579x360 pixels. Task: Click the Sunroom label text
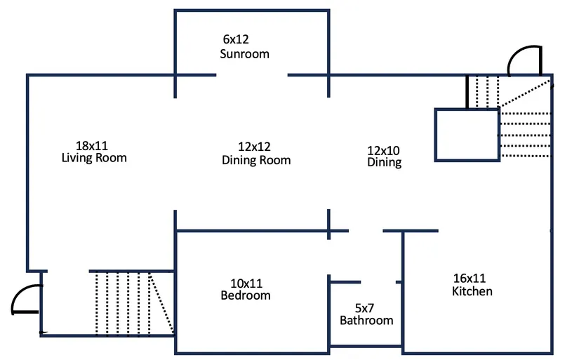coord(244,54)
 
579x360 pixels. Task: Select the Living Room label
coord(95,158)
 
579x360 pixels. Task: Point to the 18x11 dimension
coord(92,146)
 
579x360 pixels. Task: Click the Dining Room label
coord(256,160)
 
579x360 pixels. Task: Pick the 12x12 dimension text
coord(254,147)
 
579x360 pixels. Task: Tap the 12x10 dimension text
coord(383,150)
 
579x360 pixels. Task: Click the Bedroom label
coord(246,295)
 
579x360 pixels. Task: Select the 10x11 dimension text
coord(246,284)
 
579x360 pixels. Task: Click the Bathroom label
coord(366,321)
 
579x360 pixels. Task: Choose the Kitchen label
coord(472,291)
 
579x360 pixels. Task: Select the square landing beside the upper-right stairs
coord(466,134)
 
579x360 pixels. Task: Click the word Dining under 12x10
coord(385,162)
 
